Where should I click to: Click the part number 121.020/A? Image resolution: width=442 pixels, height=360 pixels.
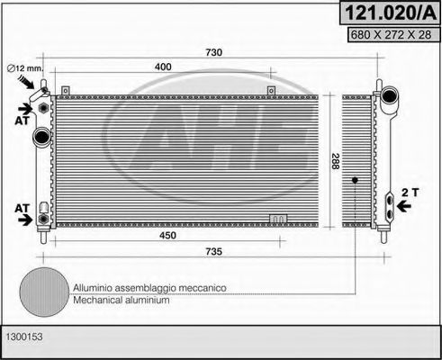point(389,13)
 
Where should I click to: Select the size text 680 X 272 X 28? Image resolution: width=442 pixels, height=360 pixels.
point(389,36)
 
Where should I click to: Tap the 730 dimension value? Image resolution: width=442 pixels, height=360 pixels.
point(212,52)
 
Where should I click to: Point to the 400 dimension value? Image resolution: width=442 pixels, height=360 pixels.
point(163,68)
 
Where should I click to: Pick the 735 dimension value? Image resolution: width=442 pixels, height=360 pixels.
point(212,254)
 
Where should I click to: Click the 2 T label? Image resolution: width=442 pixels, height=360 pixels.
point(410,191)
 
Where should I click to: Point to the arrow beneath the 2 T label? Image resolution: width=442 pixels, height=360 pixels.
point(405,206)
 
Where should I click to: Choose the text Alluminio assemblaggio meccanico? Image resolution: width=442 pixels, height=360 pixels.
point(149,287)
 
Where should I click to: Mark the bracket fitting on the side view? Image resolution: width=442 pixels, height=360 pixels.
point(389,205)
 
